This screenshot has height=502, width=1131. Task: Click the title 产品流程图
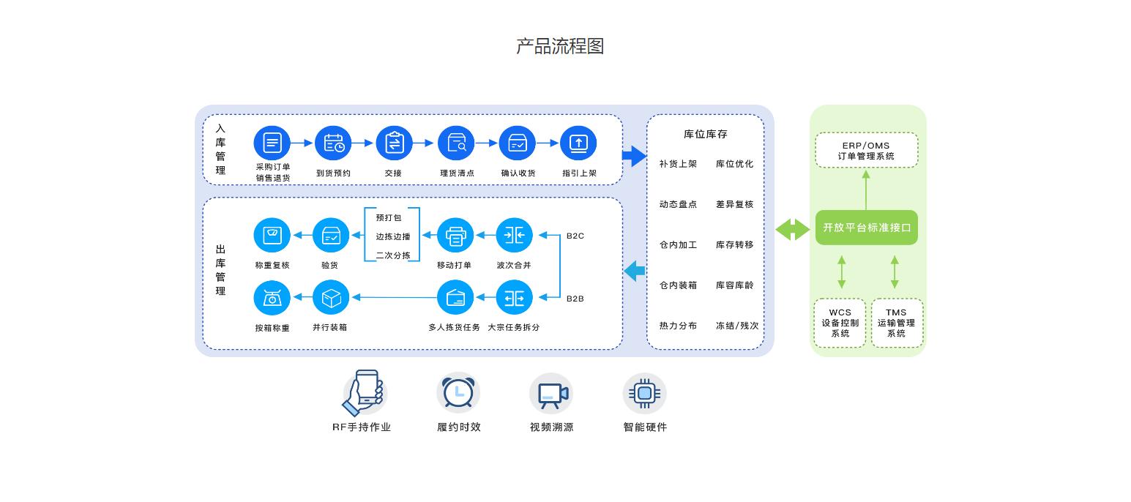(560, 46)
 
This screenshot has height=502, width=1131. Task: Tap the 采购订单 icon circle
(272, 143)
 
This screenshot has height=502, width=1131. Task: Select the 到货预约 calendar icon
(334, 143)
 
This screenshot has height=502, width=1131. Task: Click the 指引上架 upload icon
(578, 143)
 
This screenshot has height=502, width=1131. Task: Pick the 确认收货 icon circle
(518, 143)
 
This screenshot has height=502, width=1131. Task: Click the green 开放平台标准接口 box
(866, 228)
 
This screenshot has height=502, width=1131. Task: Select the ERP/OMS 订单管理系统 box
(866, 150)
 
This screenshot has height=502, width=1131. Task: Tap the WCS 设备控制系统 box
(840, 323)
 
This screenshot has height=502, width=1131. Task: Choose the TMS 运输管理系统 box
(896, 323)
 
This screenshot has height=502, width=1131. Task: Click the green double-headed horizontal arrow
(793, 229)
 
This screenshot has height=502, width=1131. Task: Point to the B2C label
(575, 236)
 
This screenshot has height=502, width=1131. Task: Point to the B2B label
(575, 299)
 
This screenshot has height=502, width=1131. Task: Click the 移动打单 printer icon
(455, 236)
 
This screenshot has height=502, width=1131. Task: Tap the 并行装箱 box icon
(331, 298)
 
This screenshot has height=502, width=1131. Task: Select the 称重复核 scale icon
(272, 236)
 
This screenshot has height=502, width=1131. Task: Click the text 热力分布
(678, 326)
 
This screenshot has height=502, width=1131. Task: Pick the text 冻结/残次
(736, 326)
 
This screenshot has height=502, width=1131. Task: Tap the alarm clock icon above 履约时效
(458, 393)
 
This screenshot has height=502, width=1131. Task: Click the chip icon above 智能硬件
(644, 393)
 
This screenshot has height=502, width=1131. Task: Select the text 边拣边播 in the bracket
(393, 236)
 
